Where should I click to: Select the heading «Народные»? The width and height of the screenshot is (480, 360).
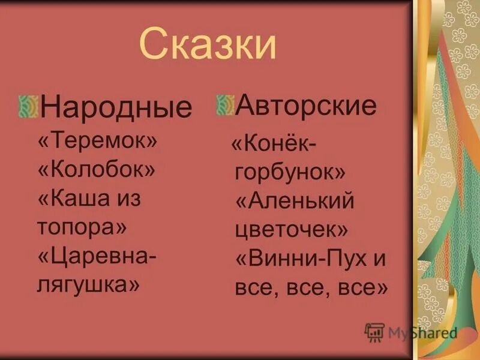(x=116, y=107)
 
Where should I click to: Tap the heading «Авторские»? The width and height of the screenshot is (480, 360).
(x=306, y=106)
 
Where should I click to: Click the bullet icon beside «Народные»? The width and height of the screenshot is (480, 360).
(x=28, y=106)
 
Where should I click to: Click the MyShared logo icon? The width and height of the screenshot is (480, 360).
(x=374, y=332)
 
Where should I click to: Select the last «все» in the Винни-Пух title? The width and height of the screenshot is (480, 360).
(x=362, y=288)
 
